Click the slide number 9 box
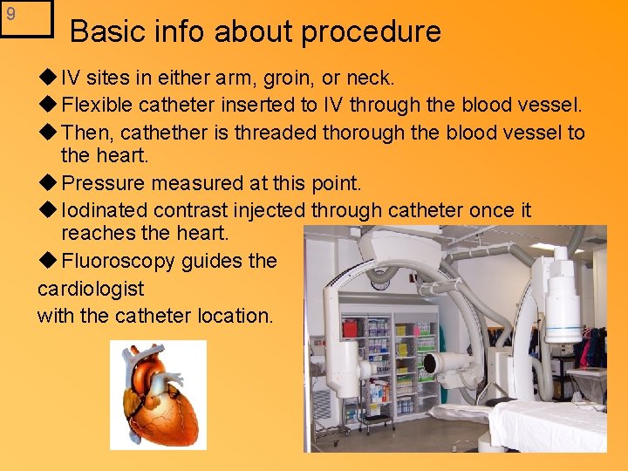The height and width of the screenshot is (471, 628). tap(26, 18)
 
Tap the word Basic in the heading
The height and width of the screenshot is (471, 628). tap(103, 32)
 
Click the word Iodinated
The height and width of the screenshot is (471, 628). tap(106, 210)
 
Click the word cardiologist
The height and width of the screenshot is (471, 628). tap(91, 288)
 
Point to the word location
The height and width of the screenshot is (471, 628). tap(235, 315)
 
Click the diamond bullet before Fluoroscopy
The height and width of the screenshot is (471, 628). tap(47, 261)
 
